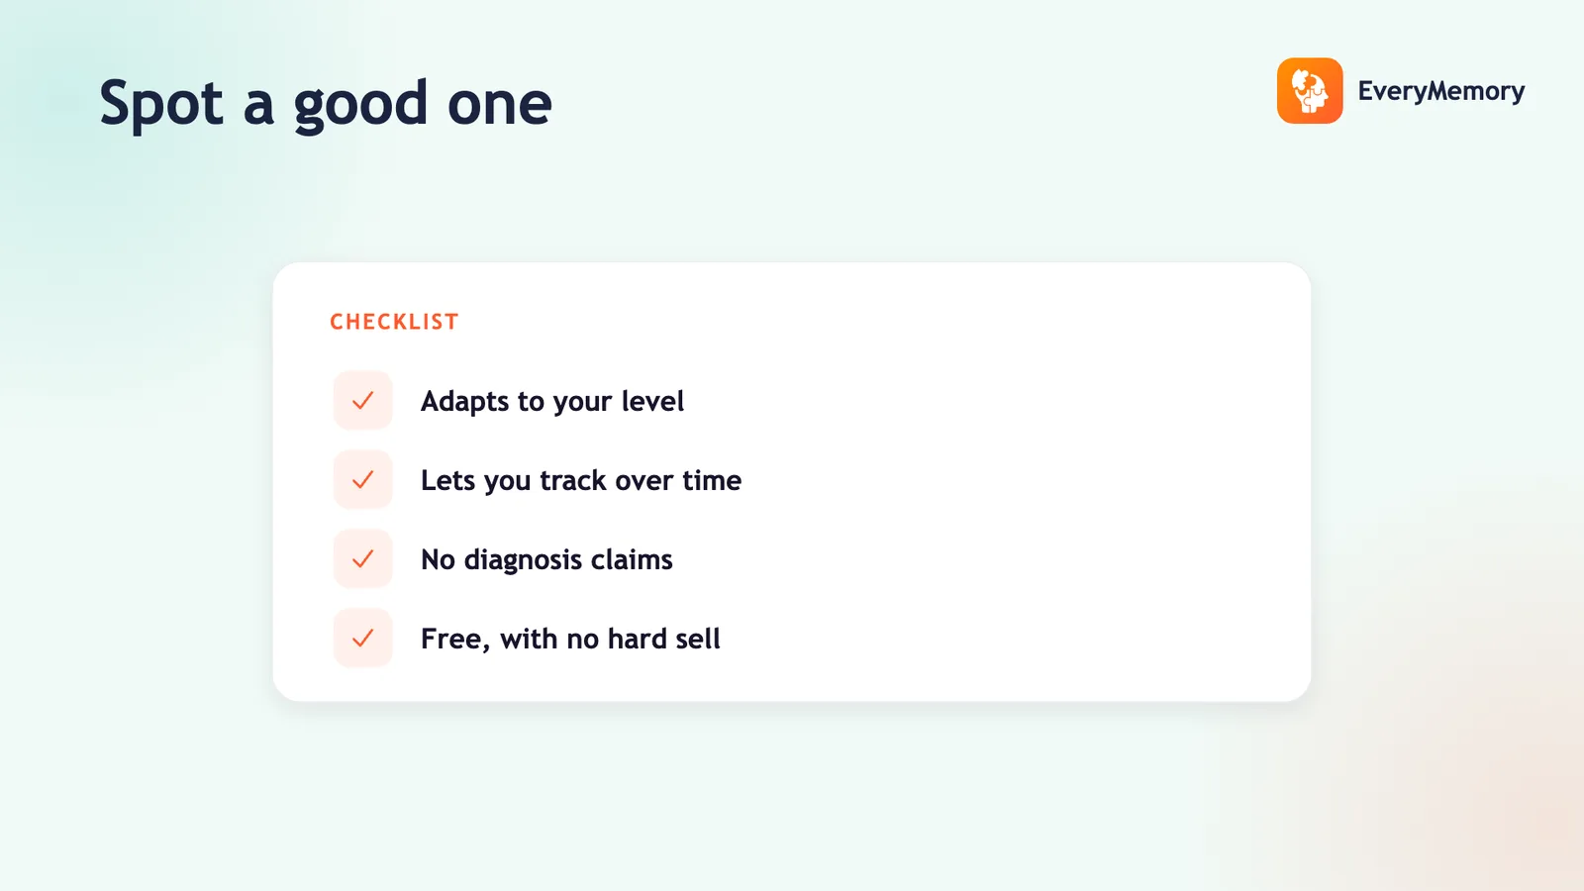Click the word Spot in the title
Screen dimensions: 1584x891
click(x=161, y=103)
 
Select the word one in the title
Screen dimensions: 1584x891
click(x=499, y=105)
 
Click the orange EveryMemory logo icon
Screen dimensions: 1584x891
click(x=1310, y=90)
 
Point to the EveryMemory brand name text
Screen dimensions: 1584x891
click(x=1441, y=90)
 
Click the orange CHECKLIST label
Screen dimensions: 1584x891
click(x=394, y=322)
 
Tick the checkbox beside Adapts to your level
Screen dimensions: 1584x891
click(x=362, y=400)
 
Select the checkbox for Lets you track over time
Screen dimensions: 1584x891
click(x=362, y=479)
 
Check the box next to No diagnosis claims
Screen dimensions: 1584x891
click(x=362, y=558)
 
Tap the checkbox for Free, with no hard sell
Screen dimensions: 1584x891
click(x=362, y=638)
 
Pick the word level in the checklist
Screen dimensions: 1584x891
click(x=652, y=401)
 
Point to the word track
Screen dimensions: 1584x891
click(x=573, y=480)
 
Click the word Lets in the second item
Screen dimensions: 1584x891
click(x=447, y=480)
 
